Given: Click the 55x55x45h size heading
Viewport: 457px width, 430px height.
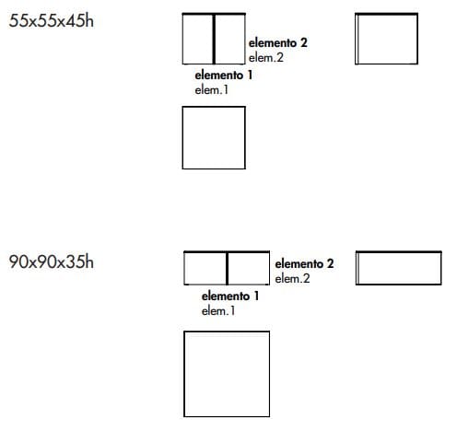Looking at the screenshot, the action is point(52,21).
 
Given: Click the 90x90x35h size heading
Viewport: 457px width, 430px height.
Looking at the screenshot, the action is point(52,261).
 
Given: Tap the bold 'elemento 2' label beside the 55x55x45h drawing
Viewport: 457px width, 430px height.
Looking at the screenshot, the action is point(278,42).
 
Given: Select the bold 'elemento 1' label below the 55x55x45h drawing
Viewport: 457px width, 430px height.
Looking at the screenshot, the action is point(224,75).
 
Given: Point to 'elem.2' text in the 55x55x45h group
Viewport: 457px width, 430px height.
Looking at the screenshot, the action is point(266,57).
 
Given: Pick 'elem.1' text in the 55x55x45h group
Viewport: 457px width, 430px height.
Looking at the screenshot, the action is point(212,89).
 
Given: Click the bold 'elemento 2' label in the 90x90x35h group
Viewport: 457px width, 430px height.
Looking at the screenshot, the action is point(304,263).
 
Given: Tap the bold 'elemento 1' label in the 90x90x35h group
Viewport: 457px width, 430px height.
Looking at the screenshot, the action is point(230,296).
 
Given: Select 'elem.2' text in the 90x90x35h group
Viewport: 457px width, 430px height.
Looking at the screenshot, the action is point(292,278).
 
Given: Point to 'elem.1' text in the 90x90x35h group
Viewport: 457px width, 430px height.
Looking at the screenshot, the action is point(218,310).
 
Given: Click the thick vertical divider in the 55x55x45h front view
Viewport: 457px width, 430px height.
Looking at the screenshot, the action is point(214,39).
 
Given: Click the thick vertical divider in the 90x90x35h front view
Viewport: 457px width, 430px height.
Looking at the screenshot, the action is point(227,269).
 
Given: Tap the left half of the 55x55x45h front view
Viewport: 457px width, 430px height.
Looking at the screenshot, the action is point(197,39).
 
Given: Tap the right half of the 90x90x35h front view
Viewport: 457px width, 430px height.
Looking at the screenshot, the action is point(249,269).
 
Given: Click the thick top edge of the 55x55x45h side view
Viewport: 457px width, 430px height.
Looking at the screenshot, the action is point(386,14).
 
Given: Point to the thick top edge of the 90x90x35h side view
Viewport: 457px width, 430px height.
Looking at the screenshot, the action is point(399,252).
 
